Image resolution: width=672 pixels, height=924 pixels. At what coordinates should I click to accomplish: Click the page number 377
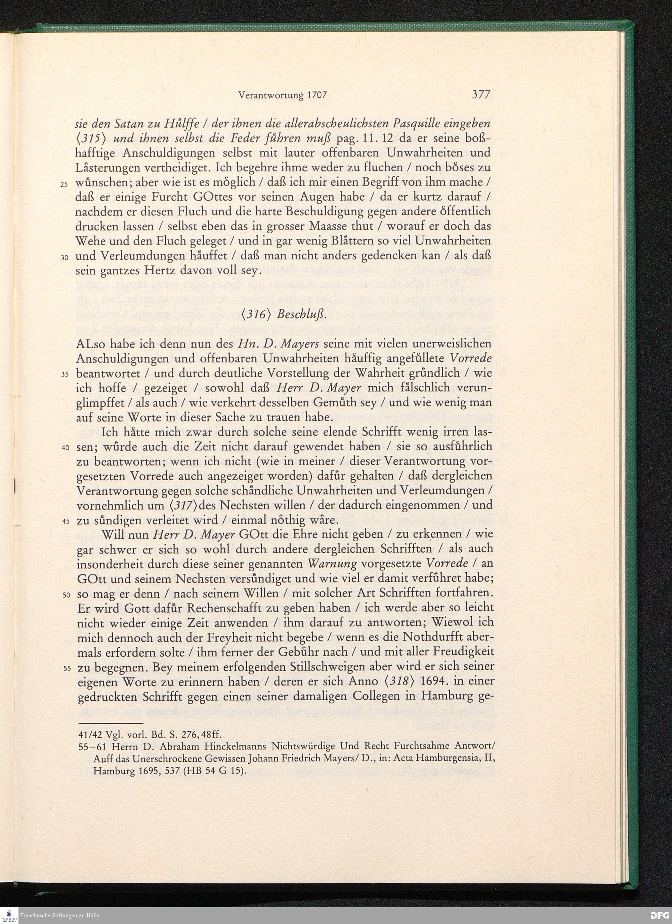tap(480, 95)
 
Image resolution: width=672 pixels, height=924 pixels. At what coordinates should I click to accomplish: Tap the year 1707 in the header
tap(316, 95)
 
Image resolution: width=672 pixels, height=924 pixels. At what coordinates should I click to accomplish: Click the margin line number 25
tap(64, 184)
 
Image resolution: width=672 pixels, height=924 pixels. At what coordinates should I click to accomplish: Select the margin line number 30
tap(64, 258)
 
